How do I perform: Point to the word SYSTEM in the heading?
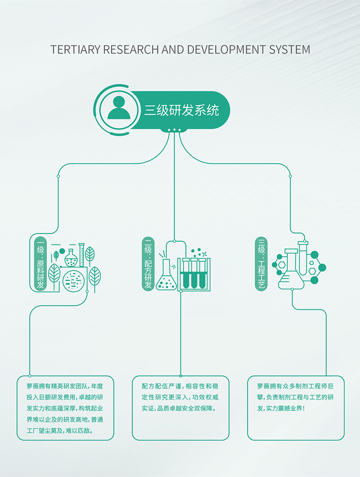click(x=290, y=49)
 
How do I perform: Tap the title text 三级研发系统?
click(x=182, y=110)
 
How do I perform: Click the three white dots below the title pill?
click(x=174, y=130)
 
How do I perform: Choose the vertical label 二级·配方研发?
click(x=148, y=264)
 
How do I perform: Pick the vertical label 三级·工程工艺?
click(x=261, y=264)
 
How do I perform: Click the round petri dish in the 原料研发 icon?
click(x=73, y=281)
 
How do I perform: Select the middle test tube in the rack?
click(x=194, y=273)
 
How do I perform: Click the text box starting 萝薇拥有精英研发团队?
click(x=65, y=408)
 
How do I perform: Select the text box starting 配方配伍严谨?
click(x=180, y=408)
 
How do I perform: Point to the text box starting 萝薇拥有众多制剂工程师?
click(x=296, y=408)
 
